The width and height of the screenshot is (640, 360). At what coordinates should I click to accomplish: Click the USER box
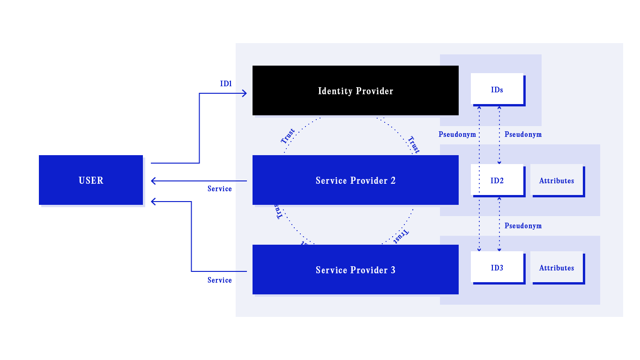[x=91, y=180]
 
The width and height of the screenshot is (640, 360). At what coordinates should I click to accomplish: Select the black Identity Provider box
[x=355, y=90]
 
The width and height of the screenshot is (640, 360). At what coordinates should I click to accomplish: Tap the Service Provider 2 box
[x=355, y=180]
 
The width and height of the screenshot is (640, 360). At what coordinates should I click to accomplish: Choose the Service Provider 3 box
[x=355, y=270]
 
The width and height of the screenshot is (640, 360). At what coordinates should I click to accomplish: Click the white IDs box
[x=497, y=89]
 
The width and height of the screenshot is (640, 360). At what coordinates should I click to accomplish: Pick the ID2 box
[x=497, y=180]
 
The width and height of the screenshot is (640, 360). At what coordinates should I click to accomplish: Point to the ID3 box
[x=497, y=268]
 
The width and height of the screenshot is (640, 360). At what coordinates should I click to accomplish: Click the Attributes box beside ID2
[x=557, y=180]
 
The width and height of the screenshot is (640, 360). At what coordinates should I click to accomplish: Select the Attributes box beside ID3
[x=557, y=268]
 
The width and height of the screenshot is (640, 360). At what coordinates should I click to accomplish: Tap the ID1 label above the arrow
[x=226, y=84]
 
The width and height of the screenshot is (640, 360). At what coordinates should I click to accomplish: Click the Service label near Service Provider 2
[x=219, y=188]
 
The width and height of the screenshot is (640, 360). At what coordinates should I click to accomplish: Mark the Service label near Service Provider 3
[x=219, y=280]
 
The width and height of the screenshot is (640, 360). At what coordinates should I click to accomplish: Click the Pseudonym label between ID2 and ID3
[x=523, y=225]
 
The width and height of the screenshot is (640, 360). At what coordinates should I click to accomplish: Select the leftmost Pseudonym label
[x=457, y=135]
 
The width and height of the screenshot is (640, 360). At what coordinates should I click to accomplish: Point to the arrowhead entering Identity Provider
[x=244, y=93]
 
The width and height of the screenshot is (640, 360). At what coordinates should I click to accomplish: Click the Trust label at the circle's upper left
[x=288, y=136]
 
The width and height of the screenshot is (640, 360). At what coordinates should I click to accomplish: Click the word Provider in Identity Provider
[x=374, y=91]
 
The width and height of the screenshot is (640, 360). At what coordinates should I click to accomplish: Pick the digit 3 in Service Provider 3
[x=393, y=270]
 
